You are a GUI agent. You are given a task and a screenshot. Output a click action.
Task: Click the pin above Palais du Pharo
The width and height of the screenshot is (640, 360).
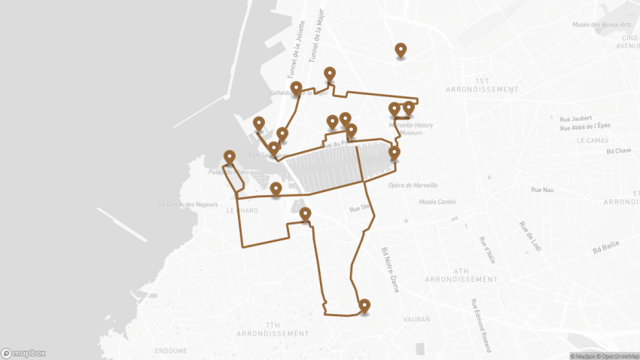(230, 157)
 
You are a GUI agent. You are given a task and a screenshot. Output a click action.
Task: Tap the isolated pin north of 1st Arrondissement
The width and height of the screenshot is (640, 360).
(401, 50)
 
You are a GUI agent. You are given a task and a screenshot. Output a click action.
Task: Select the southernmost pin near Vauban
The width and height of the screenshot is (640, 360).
(364, 306)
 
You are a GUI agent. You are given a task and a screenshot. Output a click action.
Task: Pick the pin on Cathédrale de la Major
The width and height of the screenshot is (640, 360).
(297, 88)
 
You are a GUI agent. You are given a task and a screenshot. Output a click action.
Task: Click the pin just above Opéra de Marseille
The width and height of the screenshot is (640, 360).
(394, 153)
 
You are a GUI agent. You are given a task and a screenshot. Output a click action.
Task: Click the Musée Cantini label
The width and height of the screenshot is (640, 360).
(437, 202)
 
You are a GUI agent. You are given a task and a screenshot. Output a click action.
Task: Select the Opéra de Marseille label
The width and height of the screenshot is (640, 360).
(412, 185)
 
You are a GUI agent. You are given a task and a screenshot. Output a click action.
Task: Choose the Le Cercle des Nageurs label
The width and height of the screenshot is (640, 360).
(187, 204)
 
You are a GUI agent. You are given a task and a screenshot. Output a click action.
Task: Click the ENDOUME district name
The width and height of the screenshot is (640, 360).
(171, 351)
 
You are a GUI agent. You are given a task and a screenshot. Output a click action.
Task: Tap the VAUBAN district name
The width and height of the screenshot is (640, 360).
(416, 319)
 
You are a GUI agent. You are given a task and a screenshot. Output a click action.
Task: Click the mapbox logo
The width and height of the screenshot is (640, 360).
(23, 352)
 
